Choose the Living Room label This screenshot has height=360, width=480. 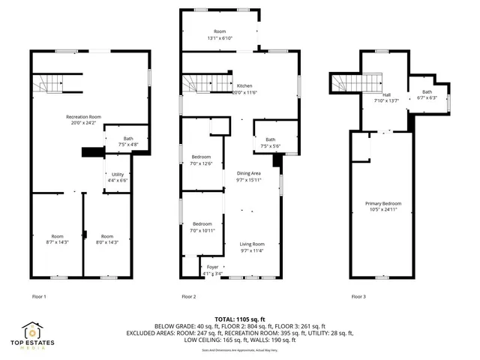click(x=252, y=244)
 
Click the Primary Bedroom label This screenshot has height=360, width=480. click(x=382, y=204)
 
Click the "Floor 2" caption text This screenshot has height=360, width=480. click(x=189, y=296)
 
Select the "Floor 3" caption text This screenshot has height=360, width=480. click(x=358, y=296)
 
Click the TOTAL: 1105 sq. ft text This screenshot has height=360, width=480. click(x=239, y=319)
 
